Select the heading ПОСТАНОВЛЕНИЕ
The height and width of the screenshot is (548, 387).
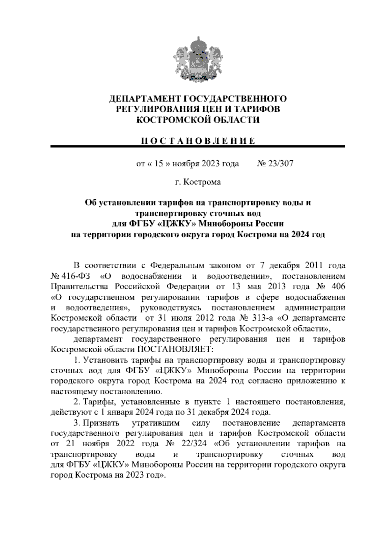pyautogui.click(x=198, y=141)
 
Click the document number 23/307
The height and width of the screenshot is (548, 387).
pyautogui.click(x=280, y=164)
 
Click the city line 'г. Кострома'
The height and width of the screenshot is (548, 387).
pyautogui.click(x=198, y=182)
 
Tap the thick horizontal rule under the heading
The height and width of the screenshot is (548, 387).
pyautogui.click(x=198, y=147)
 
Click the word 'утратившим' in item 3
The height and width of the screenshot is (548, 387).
pyautogui.click(x=156, y=423)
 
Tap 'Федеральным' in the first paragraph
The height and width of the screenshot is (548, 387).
pyautogui.click(x=177, y=266)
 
